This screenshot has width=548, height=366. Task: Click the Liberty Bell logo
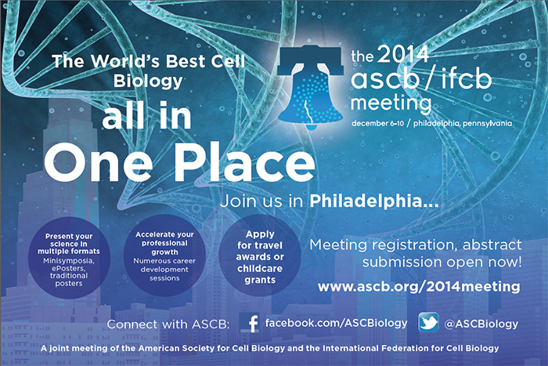(309, 87)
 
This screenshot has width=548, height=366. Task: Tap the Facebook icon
(250, 323)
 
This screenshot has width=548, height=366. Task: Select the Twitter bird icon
(428, 322)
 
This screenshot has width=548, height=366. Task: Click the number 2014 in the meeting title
(403, 54)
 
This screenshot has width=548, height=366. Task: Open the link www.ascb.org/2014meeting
(419, 287)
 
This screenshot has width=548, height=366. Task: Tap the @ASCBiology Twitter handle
(481, 324)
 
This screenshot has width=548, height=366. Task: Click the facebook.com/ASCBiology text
(336, 323)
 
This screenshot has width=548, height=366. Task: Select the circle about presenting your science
(69, 258)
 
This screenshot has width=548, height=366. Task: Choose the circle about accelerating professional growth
(164, 255)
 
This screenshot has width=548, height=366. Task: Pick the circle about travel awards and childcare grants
(260, 255)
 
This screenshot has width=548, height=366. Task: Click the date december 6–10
(377, 124)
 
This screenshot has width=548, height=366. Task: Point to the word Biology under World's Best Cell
(148, 81)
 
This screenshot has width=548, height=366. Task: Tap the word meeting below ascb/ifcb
(391, 103)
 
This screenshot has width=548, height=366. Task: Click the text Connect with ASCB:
(168, 324)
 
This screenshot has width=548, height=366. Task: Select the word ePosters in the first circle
(69, 269)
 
